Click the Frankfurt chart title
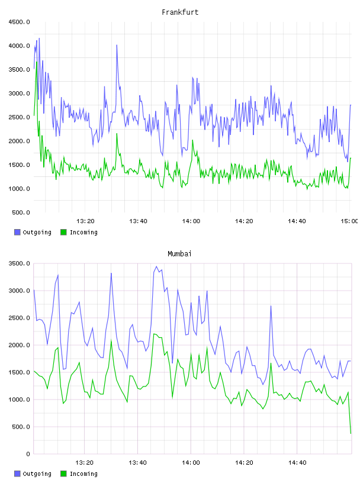coord(180,12)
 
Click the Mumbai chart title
coord(179,254)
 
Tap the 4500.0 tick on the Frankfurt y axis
coord(19,22)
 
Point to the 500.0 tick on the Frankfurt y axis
coord(21,212)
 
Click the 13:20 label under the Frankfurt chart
coord(85,221)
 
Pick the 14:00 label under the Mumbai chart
coord(191,463)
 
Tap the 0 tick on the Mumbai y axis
coord(28,454)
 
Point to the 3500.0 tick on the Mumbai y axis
coord(19,263)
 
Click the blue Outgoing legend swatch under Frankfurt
coord(17,232)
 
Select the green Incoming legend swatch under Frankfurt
coord(63,232)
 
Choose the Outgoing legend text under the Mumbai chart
coord(37,474)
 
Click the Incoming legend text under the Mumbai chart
coord(83,474)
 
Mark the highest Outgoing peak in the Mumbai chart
coord(156,266)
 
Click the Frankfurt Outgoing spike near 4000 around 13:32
coord(117,45)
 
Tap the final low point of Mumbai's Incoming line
coord(351,433)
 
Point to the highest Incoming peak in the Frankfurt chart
coord(37,62)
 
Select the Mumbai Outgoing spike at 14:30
coord(271,306)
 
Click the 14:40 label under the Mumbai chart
coord(297,463)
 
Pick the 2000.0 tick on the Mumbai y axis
coord(19,345)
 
